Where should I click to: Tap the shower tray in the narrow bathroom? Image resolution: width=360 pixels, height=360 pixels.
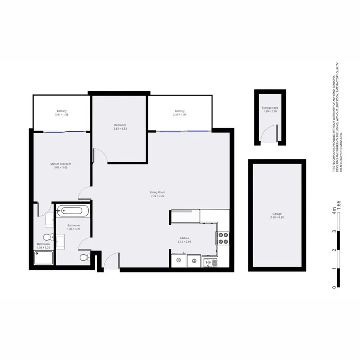coord(44,259)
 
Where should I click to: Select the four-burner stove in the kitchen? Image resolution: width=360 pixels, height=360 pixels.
coord(222,238)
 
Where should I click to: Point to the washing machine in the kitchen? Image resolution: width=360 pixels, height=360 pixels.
coord(178,260)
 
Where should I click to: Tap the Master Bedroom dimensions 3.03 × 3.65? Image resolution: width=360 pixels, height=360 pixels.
coord(61,168)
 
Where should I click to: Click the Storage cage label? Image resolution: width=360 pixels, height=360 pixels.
coord(270,108)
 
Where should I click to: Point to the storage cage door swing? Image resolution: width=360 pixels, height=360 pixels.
coord(269,134)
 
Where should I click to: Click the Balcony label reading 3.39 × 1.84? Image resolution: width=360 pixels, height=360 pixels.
coord(179,114)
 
